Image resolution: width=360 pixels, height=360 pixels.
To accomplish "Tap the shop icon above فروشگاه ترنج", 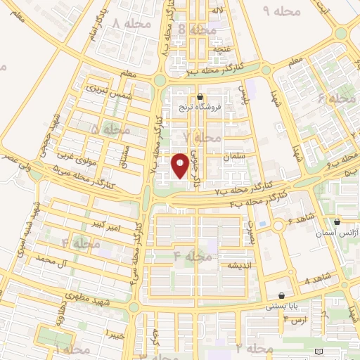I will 201,97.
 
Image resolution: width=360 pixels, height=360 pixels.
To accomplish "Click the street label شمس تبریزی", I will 109,89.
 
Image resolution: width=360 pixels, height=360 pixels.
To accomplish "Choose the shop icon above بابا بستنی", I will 282,296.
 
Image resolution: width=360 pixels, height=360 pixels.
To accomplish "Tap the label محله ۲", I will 254,348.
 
